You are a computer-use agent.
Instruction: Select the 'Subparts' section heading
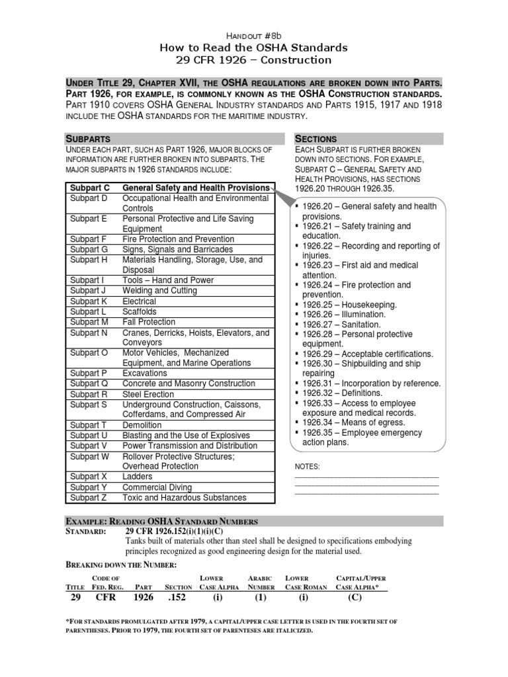[x=91, y=138]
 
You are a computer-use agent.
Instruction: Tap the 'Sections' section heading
[x=316, y=138]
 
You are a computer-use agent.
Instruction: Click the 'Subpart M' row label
[x=89, y=322]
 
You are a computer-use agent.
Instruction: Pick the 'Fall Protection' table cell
[x=150, y=322]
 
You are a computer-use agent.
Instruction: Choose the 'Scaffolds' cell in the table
[x=140, y=311]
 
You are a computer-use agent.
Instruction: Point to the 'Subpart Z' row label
[x=89, y=497]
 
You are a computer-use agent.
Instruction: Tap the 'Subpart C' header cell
[x=90, y=188]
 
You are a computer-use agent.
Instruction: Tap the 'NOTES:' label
[x=307, y=466]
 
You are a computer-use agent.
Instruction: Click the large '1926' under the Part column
[x=143, y=597]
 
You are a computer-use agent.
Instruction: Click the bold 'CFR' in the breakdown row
[x=106, y=597]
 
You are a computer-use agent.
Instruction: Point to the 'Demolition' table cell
[x=143, y=425]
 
